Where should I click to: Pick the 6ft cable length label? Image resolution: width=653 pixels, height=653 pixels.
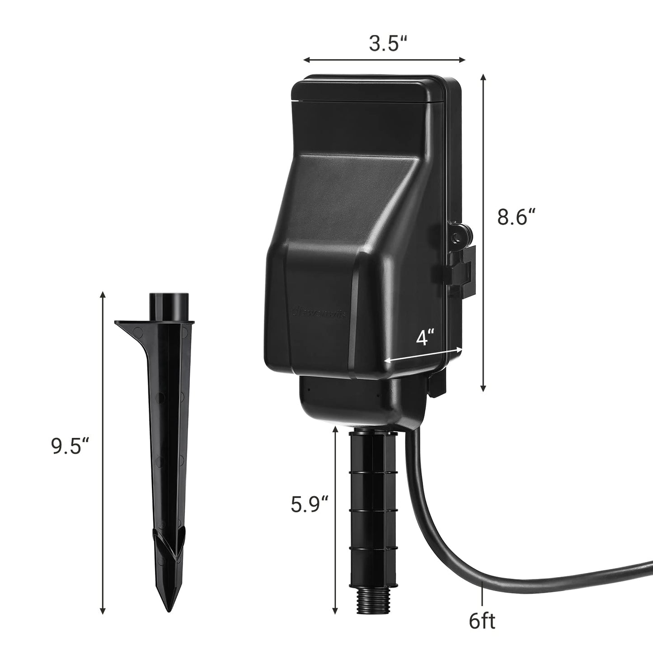coord(482,622)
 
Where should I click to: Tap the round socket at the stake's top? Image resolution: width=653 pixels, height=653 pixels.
coord(167,301)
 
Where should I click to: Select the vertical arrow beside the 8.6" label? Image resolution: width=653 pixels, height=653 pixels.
coord(484,233)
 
